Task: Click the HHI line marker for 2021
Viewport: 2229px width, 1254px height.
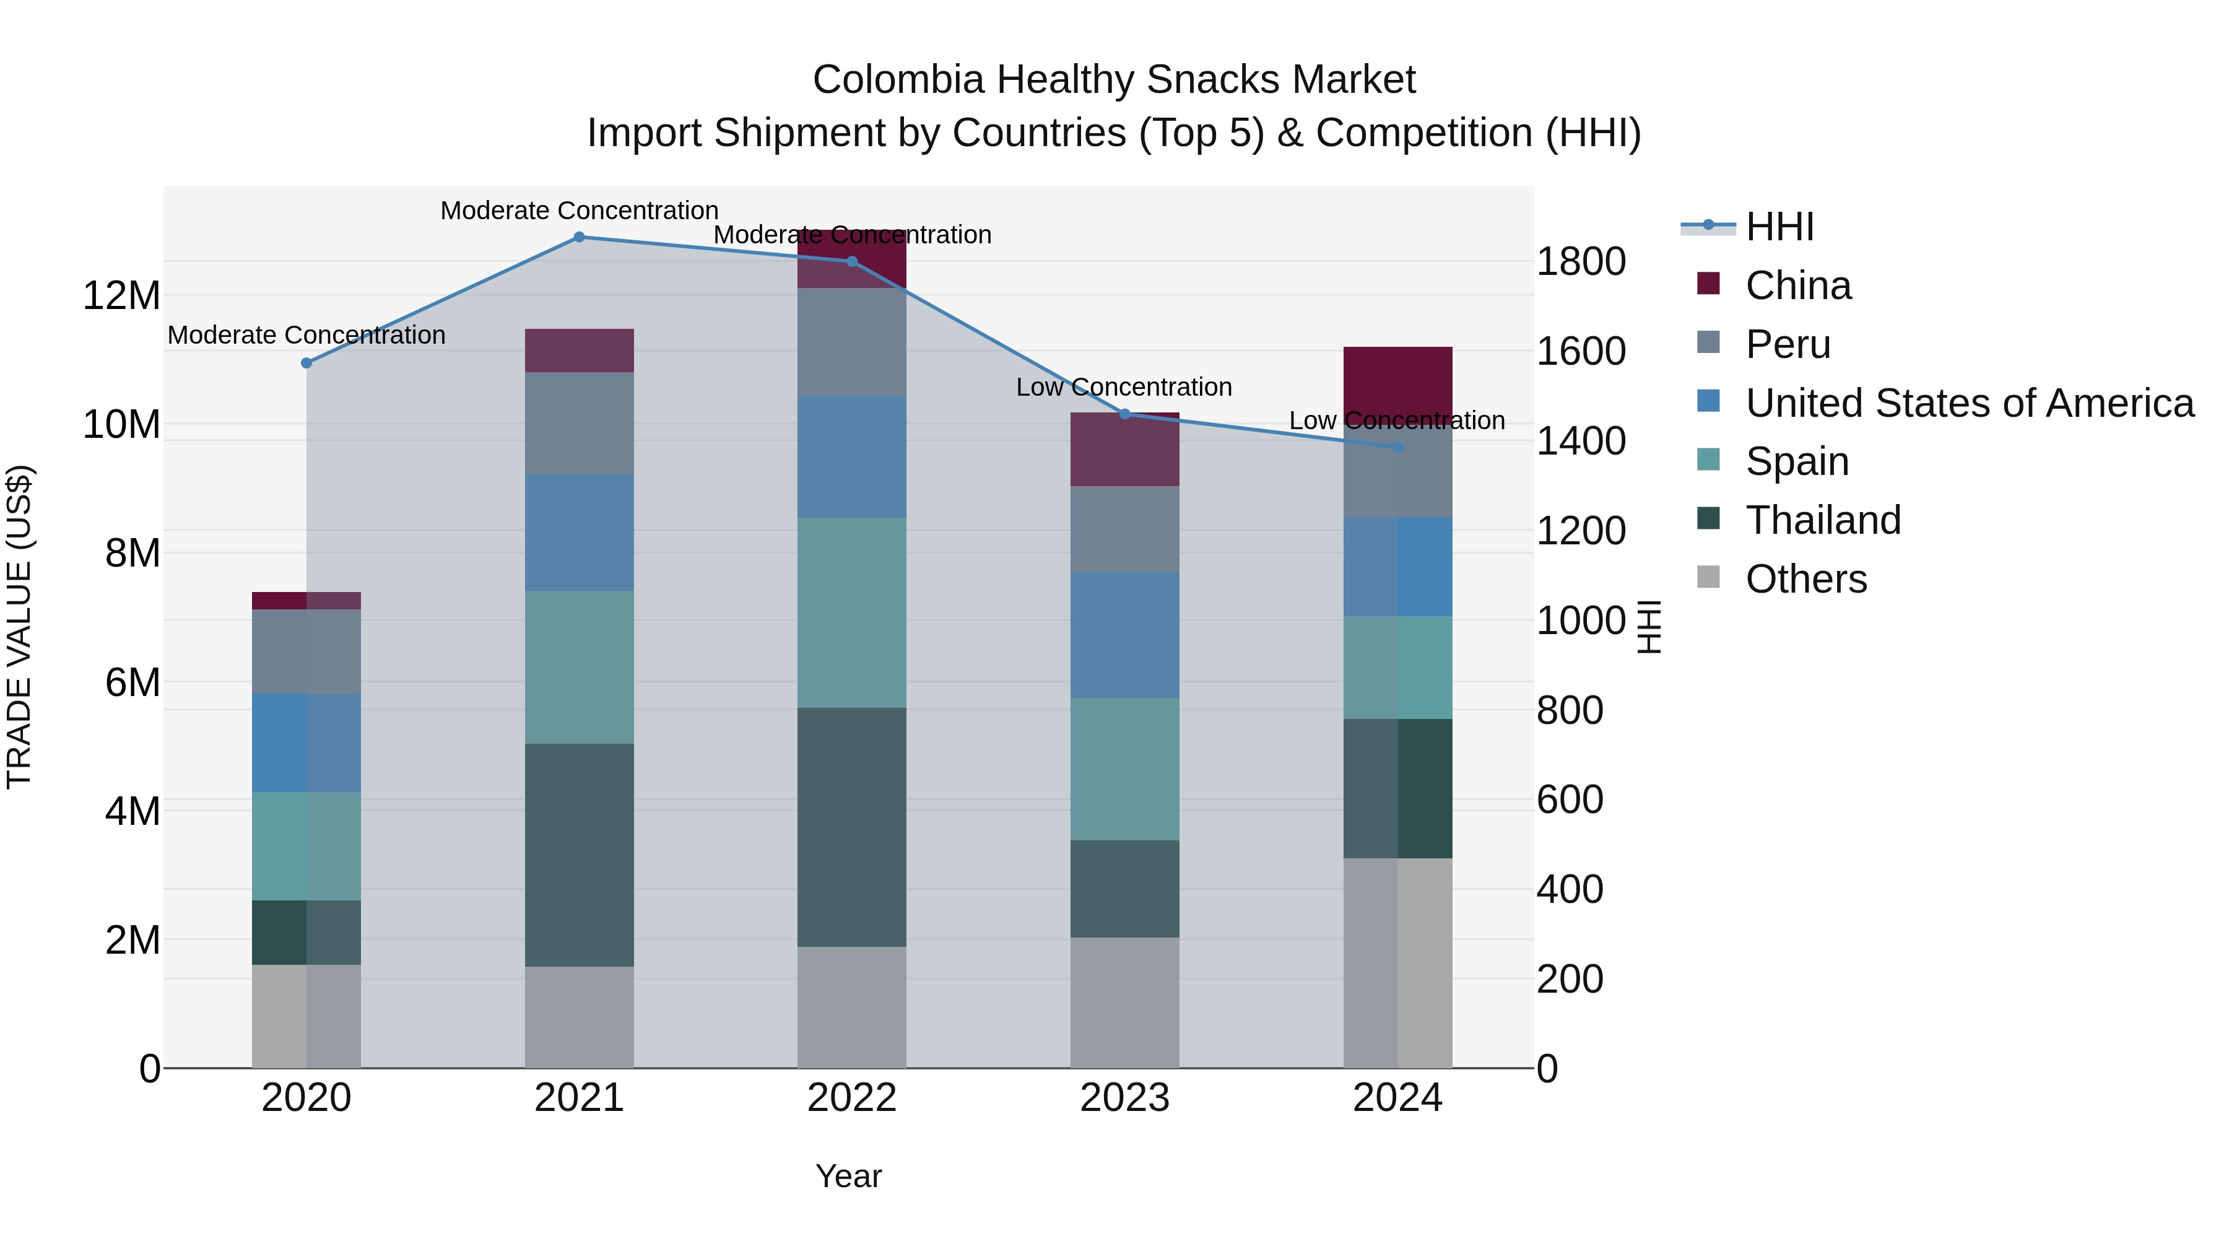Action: (579, 237)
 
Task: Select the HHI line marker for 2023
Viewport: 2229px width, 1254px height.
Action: (1125, 414)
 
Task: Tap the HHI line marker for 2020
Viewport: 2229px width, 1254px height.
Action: (306, 363)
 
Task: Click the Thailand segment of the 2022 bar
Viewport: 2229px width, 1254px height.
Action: (851, 827)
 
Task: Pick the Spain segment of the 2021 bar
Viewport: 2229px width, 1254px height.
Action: (579, 666)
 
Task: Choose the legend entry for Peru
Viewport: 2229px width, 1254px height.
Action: (1788, 344)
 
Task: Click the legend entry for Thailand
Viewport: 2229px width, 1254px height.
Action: (1822, 520)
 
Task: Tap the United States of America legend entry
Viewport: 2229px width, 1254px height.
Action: (1968, 403)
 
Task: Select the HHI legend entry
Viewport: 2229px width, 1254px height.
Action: (1779, 227)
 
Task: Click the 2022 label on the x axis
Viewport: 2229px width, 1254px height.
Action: (851, 1098)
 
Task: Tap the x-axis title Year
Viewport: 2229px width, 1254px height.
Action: (848, 1176)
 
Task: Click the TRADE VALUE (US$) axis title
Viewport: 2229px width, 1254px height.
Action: (20, 627)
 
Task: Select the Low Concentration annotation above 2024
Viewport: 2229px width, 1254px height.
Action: (1397, 420)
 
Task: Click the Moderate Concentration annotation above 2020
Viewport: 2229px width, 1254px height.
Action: (306, 335)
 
